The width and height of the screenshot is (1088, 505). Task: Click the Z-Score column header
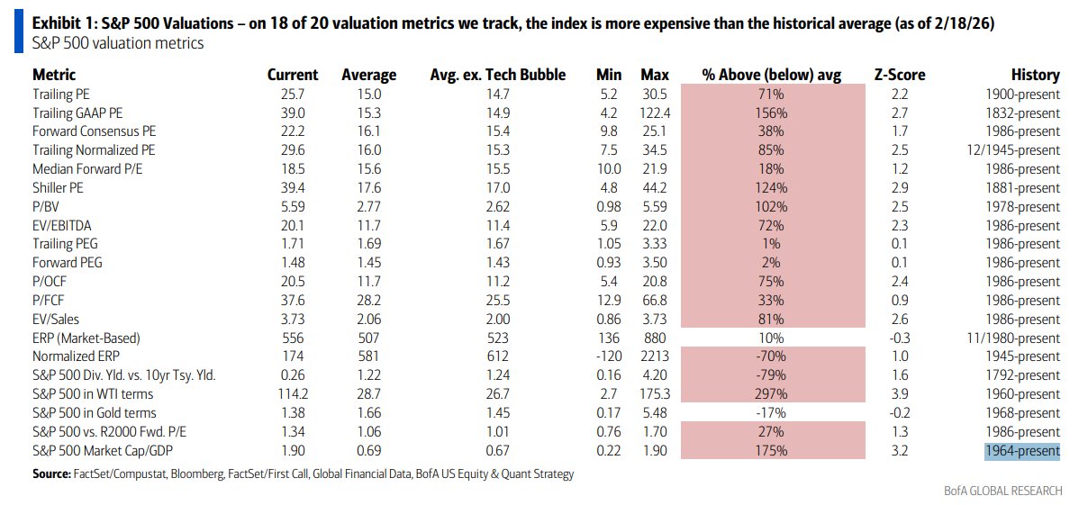(x=899, y=76)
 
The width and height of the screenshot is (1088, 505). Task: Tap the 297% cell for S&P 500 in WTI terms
(x=773, y=394)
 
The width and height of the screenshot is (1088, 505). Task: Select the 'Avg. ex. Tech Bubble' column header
(x=497, y=76)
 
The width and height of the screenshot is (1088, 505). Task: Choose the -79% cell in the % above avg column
(x=773, y=375)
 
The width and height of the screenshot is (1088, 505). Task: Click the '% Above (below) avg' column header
(x=772, y=76)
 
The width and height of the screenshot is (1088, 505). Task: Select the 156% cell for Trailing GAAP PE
(x=773, y=113)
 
